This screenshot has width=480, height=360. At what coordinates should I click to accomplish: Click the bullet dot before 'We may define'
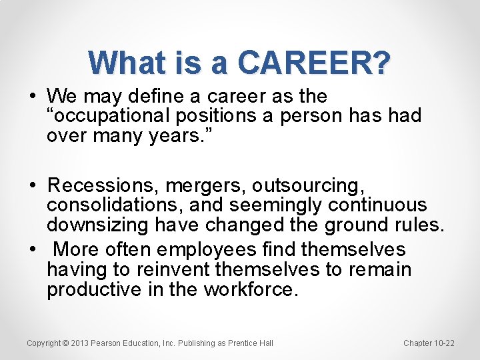coord(33,95)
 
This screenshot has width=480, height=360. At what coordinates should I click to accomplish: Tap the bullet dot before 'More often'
coord(33,249)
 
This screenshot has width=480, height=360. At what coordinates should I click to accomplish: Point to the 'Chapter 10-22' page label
coord(429,343)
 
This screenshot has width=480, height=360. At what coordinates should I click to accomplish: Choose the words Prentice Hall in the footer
coord(251,343)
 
